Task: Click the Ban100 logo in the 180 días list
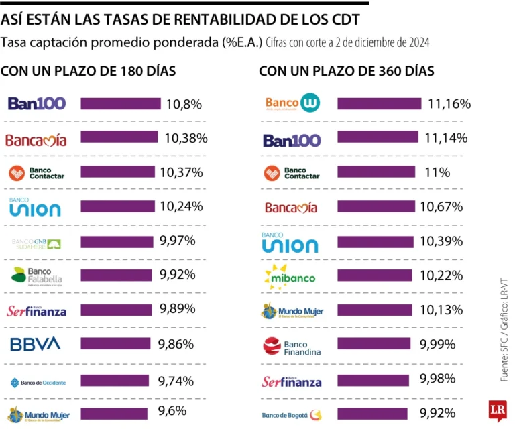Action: pyautogui.click(x=36, y=104)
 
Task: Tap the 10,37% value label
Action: pyautogui.click(x=181, y=172)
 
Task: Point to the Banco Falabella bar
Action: pyautogui.click(x=117, y=275)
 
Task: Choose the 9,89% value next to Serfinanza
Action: pyautogui.click(x=177, y=309)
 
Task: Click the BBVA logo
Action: pyautogui.click(x=35, y=344)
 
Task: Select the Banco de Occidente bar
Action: pyautogui.click(x=117, y=381)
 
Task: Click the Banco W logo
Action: pyautogui.click(x=292, y=103)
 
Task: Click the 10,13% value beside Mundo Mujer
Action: pyautogui.click(x=441, y=309)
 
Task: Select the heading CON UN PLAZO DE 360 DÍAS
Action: pyautogui.click(x=346, y=71)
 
